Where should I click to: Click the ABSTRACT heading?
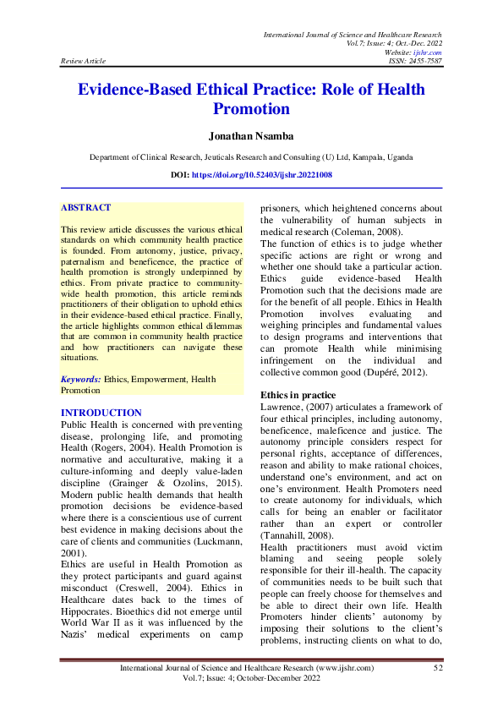[85, 207]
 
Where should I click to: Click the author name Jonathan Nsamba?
[251, 135]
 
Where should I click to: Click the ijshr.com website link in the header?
[432, 52]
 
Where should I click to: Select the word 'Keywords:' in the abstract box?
[81, 381]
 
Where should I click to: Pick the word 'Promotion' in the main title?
[251, 109]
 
